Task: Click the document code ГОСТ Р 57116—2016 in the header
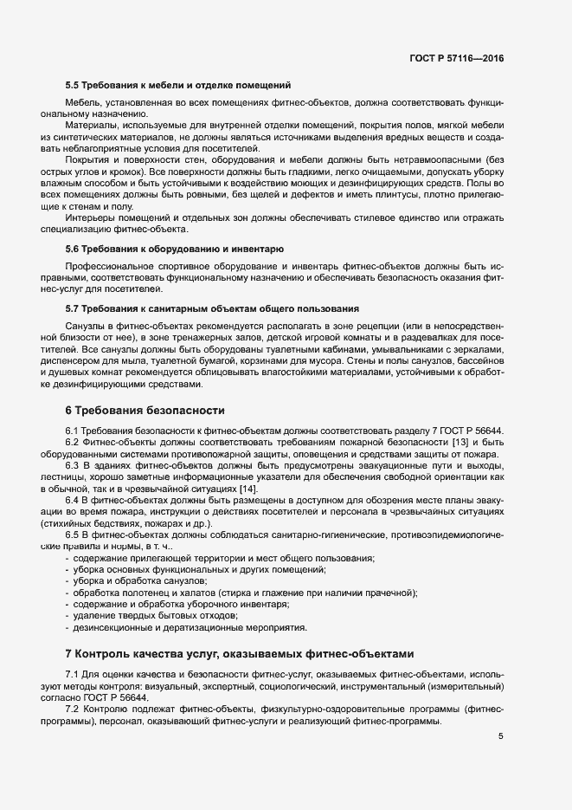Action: click(x=456, y=58)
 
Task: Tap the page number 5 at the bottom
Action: click(x=499, y=736)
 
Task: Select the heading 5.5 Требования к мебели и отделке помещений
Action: click(x=177, y=86)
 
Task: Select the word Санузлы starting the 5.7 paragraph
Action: click(x=85, y=324)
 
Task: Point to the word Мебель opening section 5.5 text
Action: click(x=82, y=102)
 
